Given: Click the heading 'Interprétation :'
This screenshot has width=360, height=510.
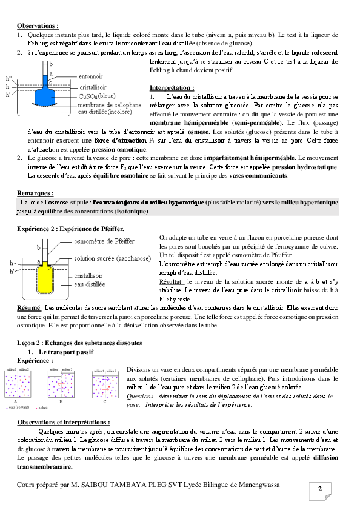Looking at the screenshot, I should click(x=172, y=88).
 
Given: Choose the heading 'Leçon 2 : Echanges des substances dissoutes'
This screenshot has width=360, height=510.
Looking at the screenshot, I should click(x=79, y=343).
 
